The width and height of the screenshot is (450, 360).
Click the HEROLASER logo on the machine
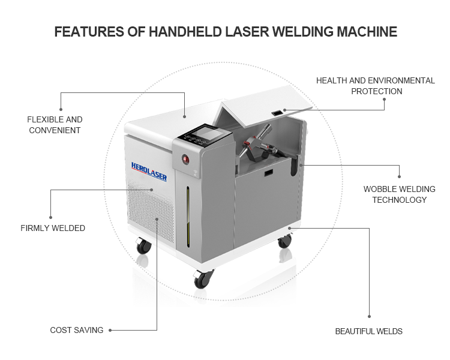pyautogui.click(x=149, y=172)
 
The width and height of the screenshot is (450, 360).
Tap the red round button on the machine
pyautogui.click(x=185, y=159)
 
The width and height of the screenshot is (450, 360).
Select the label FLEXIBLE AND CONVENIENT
pyautogui.click(x=55, y=125)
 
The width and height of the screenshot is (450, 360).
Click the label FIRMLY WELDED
pyautogui.click(x=53, y=228)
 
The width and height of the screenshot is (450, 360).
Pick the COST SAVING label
pyautogui.click(x=77, y=330)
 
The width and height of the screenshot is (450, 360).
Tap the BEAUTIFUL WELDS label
pyautogui.click(x=369, y=331)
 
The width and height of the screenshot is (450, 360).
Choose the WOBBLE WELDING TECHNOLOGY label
pyautogui.click(x=399, y=194)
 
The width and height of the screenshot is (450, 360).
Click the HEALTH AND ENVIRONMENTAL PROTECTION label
pyautogui.click(x=376, y=86)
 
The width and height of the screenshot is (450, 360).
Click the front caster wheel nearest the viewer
pyautogui.click(x=203, y=278)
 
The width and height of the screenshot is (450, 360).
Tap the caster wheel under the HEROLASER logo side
pyautogui.click(x=143, y=246)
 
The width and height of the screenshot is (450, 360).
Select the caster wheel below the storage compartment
pyautogui.click(x=284, y=241)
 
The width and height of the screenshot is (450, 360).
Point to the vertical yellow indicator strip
pyautogui.click(x=188, y=217)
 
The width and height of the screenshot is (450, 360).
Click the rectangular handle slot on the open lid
pyautogui.click(x=277, y=113)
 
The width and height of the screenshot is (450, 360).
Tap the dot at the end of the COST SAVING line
pyautogui.click(x=110, y=331)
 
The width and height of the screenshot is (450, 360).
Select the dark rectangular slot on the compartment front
pyautogui.click(x=269, y=173)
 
